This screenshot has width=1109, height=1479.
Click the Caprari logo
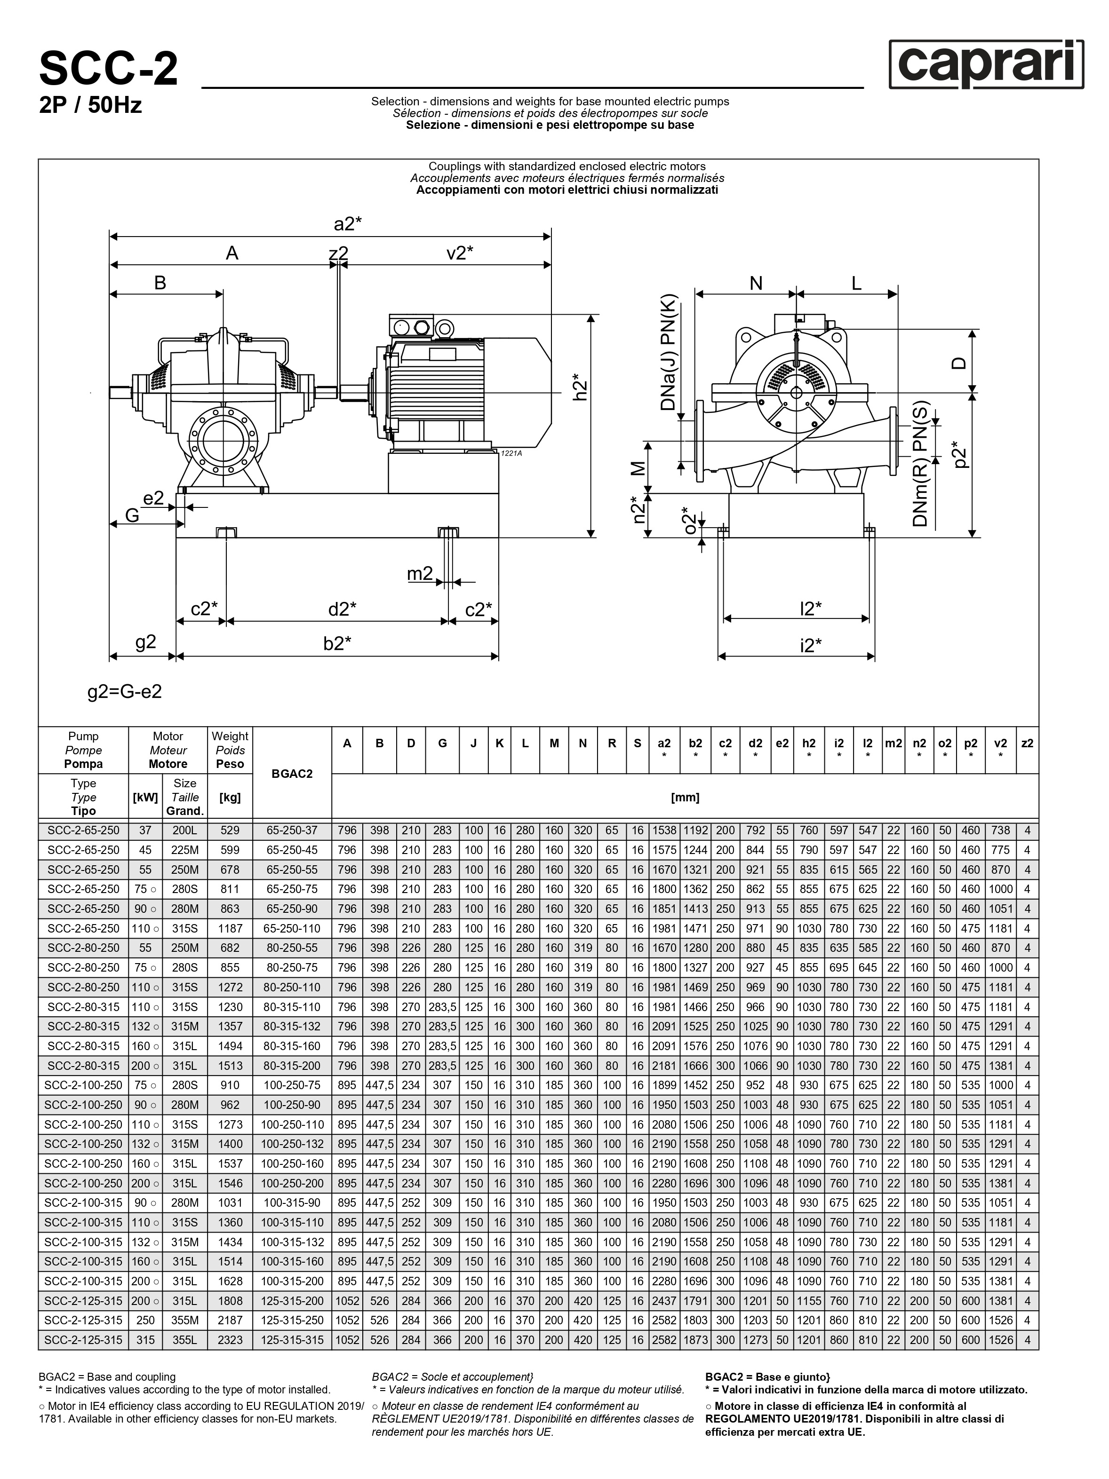986,64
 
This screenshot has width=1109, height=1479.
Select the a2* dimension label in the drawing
348,224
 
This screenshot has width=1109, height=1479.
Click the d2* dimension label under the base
342,609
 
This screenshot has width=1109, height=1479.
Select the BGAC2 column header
292,773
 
